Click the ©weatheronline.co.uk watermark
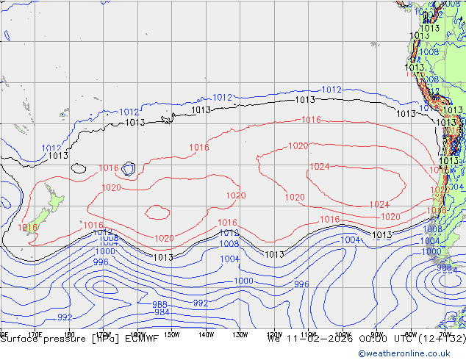point(409,353)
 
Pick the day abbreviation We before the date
point(274,339)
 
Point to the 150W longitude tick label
point(171,334)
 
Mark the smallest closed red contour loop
point(157,212)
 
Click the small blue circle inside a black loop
point(129,169)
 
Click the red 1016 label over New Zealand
point(27,228)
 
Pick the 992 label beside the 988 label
point(200,303)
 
